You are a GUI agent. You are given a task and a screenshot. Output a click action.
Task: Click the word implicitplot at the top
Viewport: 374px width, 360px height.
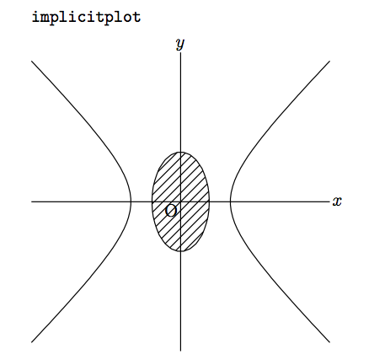(87, 18)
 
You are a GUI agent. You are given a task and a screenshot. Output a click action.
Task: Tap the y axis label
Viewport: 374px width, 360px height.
(180, 44)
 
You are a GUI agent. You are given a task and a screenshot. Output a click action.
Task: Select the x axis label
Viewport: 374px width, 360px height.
(337, 201)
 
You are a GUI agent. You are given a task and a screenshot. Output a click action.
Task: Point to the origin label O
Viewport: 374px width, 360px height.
(171, 211)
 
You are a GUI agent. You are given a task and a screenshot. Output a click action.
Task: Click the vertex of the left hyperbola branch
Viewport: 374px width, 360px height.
(131, 201)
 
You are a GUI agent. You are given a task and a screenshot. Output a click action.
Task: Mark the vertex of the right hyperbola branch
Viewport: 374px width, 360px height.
(230, 201)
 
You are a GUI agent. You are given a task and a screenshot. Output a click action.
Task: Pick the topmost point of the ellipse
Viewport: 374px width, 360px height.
(180, 152)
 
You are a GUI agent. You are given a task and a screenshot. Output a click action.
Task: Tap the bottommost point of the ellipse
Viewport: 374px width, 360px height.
(180, 251)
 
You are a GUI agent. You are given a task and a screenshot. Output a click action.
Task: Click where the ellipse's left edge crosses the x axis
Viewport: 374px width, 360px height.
(152, 201)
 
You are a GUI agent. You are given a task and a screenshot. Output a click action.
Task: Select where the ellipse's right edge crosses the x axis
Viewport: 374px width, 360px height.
(210, 201)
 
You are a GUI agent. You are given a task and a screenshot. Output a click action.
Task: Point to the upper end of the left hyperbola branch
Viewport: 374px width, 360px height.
(31, 61)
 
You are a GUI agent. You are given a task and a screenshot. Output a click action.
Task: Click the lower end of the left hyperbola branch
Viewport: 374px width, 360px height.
(31, 342)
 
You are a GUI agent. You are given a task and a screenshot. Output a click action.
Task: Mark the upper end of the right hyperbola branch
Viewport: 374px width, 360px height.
(329, 61)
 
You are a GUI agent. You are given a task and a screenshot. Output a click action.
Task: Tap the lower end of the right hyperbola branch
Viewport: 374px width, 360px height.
(329, 342)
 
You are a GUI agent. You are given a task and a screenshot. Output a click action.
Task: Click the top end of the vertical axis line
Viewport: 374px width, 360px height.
(180, 52)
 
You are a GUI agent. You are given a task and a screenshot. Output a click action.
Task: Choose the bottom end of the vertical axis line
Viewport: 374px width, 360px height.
(180, 351)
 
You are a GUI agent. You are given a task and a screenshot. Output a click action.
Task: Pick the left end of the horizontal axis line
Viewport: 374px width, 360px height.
(31, 201)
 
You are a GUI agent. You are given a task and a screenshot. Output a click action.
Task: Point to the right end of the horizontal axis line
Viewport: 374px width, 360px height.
(329, 201)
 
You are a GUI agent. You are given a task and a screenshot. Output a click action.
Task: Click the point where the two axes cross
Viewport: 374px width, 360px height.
(180, 201)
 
